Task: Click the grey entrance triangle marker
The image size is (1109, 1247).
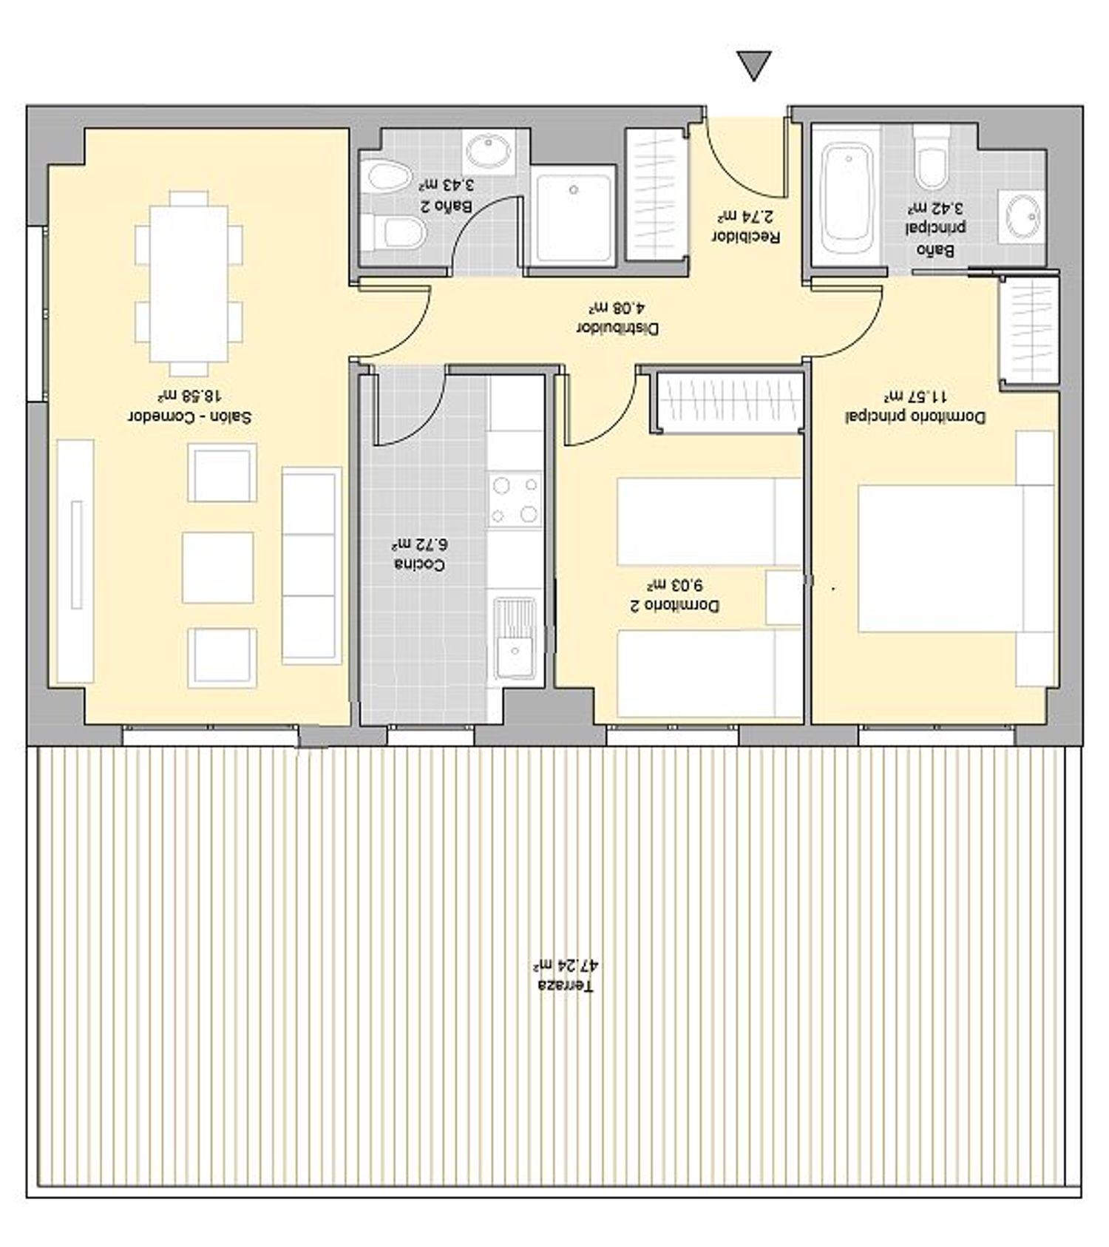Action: [x=754, y=64]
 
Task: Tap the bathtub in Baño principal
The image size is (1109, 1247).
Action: [x=847, y=195]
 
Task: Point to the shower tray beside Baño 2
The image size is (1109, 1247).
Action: [x=574, y=216]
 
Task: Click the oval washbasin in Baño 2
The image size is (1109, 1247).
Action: [x=488, y=151]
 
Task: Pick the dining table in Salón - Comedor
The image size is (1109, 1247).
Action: [x=189, y=283]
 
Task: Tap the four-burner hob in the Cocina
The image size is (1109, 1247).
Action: [x=515, y=500]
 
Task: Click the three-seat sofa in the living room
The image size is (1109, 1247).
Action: [x=311, y=566]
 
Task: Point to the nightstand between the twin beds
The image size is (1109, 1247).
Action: [x=784, y=598]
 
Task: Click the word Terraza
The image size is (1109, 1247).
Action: [x=565, y=986]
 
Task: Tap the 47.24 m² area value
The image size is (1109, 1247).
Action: [x=566, y=965]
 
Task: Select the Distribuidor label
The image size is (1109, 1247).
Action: [x=617, y=328]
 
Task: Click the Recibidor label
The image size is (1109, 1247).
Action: [x=745, y=237]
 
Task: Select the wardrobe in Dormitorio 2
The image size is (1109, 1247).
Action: [x=728, y=402]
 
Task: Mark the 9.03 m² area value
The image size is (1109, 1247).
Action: [x=674, y=585]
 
